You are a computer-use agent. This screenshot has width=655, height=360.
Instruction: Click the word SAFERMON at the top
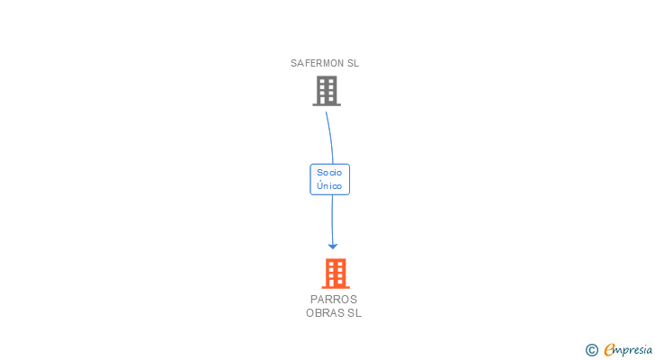point(318,64)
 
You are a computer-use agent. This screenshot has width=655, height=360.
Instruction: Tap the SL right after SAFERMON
point(354,64)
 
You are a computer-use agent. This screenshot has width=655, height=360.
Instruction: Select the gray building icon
point(327,90)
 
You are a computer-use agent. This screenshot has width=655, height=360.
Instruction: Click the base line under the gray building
point(327,105)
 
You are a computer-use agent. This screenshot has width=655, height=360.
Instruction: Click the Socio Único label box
point(329,179)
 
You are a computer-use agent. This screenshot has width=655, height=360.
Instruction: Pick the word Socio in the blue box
point(329,172)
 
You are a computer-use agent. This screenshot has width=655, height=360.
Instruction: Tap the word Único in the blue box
point(329,186)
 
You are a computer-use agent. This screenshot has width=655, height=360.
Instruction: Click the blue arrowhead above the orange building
point(333,245)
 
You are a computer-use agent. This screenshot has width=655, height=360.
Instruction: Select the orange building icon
point(336,273)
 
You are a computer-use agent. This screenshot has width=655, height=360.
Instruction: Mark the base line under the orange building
point(336,288)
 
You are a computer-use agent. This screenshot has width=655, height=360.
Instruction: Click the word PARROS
point(334,300)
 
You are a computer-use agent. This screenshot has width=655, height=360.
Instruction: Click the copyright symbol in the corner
point(591,349)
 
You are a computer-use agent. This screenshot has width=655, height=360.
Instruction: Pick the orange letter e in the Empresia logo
point(609,349)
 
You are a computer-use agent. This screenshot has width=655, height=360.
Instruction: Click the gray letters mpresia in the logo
point(633,349)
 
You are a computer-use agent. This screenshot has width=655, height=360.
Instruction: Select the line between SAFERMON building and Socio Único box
point(330,135)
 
